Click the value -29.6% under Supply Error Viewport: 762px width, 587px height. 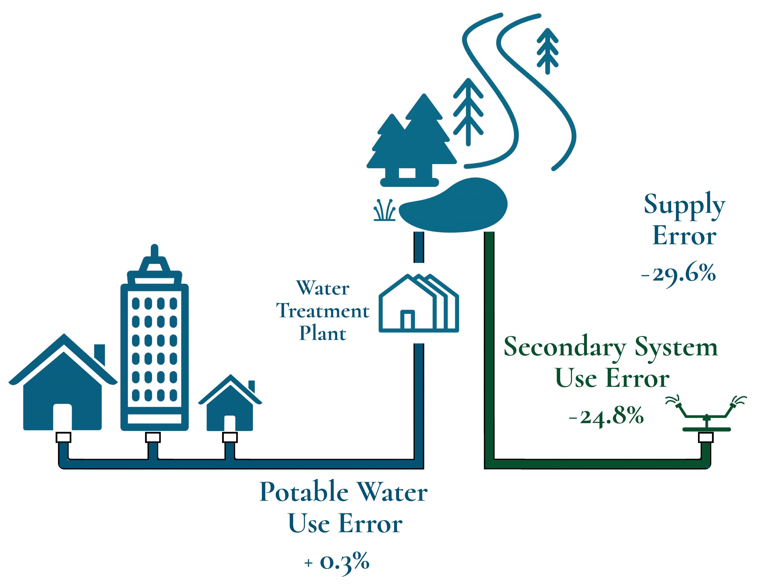pyautogui.click(x=679, y=274)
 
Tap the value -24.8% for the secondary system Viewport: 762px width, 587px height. pyautogui.click(x=606, y=416)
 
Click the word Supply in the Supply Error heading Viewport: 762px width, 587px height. pyautogui.click(x=684, y=205)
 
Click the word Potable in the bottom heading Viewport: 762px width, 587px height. pyautogui.click(x=304, y=492)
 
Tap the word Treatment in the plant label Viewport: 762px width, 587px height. pyautogui.click(x=323, y=311)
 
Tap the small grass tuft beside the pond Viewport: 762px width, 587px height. pyautogui.click(x=385, y=211)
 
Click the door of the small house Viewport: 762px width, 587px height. pyautogui.click(x=229, y=423)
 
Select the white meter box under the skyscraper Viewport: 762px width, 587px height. pyautogui.click(x=153, y=437)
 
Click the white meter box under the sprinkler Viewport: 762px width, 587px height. pyautogui.click(x=706, y=437)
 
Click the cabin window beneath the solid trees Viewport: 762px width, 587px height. pyautogui.click(x=407, y=172)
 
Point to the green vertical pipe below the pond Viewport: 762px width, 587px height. pyautogui.click(x=489, y=349)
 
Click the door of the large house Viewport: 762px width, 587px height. pyautogui.click(x=63, y=417)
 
